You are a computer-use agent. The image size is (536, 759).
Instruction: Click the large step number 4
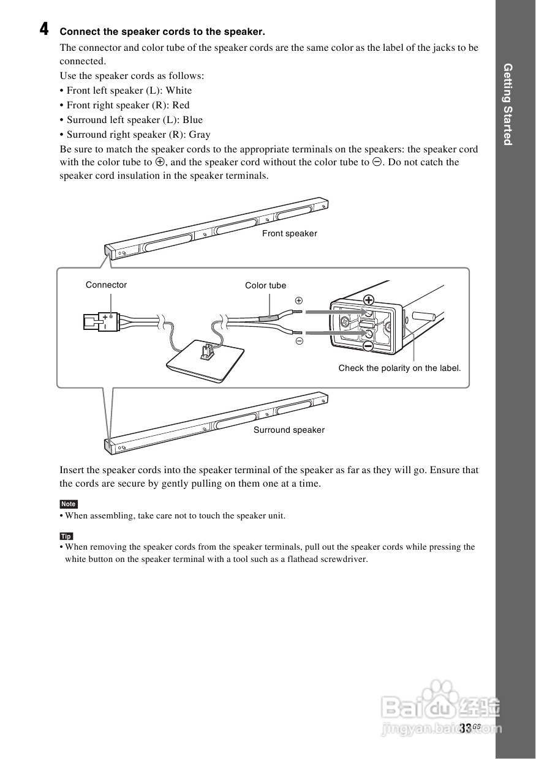click(x=44, y=29)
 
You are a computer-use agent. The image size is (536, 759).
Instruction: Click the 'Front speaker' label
click(x=289, y=233)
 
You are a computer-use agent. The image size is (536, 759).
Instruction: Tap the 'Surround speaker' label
click(x=289, y=430)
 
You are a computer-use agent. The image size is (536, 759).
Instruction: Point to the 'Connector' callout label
click(x=106, y=285)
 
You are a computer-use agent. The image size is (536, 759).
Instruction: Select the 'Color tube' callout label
click(x=265, y=285)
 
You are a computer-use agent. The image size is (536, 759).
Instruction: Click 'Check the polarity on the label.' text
click(x=399, y=368)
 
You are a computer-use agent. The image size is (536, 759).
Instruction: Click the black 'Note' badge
click(x=68, y=504)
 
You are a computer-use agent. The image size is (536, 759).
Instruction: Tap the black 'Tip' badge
click(x=66, y=536)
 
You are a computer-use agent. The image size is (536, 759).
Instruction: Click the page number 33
click(x=465, y=728)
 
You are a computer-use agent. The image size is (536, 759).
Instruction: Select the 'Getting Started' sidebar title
click(x=507, y=104)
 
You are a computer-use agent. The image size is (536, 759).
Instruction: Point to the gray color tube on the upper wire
click(x=268, y=318)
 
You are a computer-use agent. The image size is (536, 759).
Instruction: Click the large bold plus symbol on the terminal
click(x=368, y=299)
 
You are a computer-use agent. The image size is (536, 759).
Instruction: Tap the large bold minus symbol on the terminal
click(x=368, y=346)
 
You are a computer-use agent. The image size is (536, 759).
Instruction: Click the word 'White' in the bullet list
click(x=179, y=90)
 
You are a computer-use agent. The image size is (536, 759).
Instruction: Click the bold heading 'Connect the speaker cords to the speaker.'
click(x=162, y=31)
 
